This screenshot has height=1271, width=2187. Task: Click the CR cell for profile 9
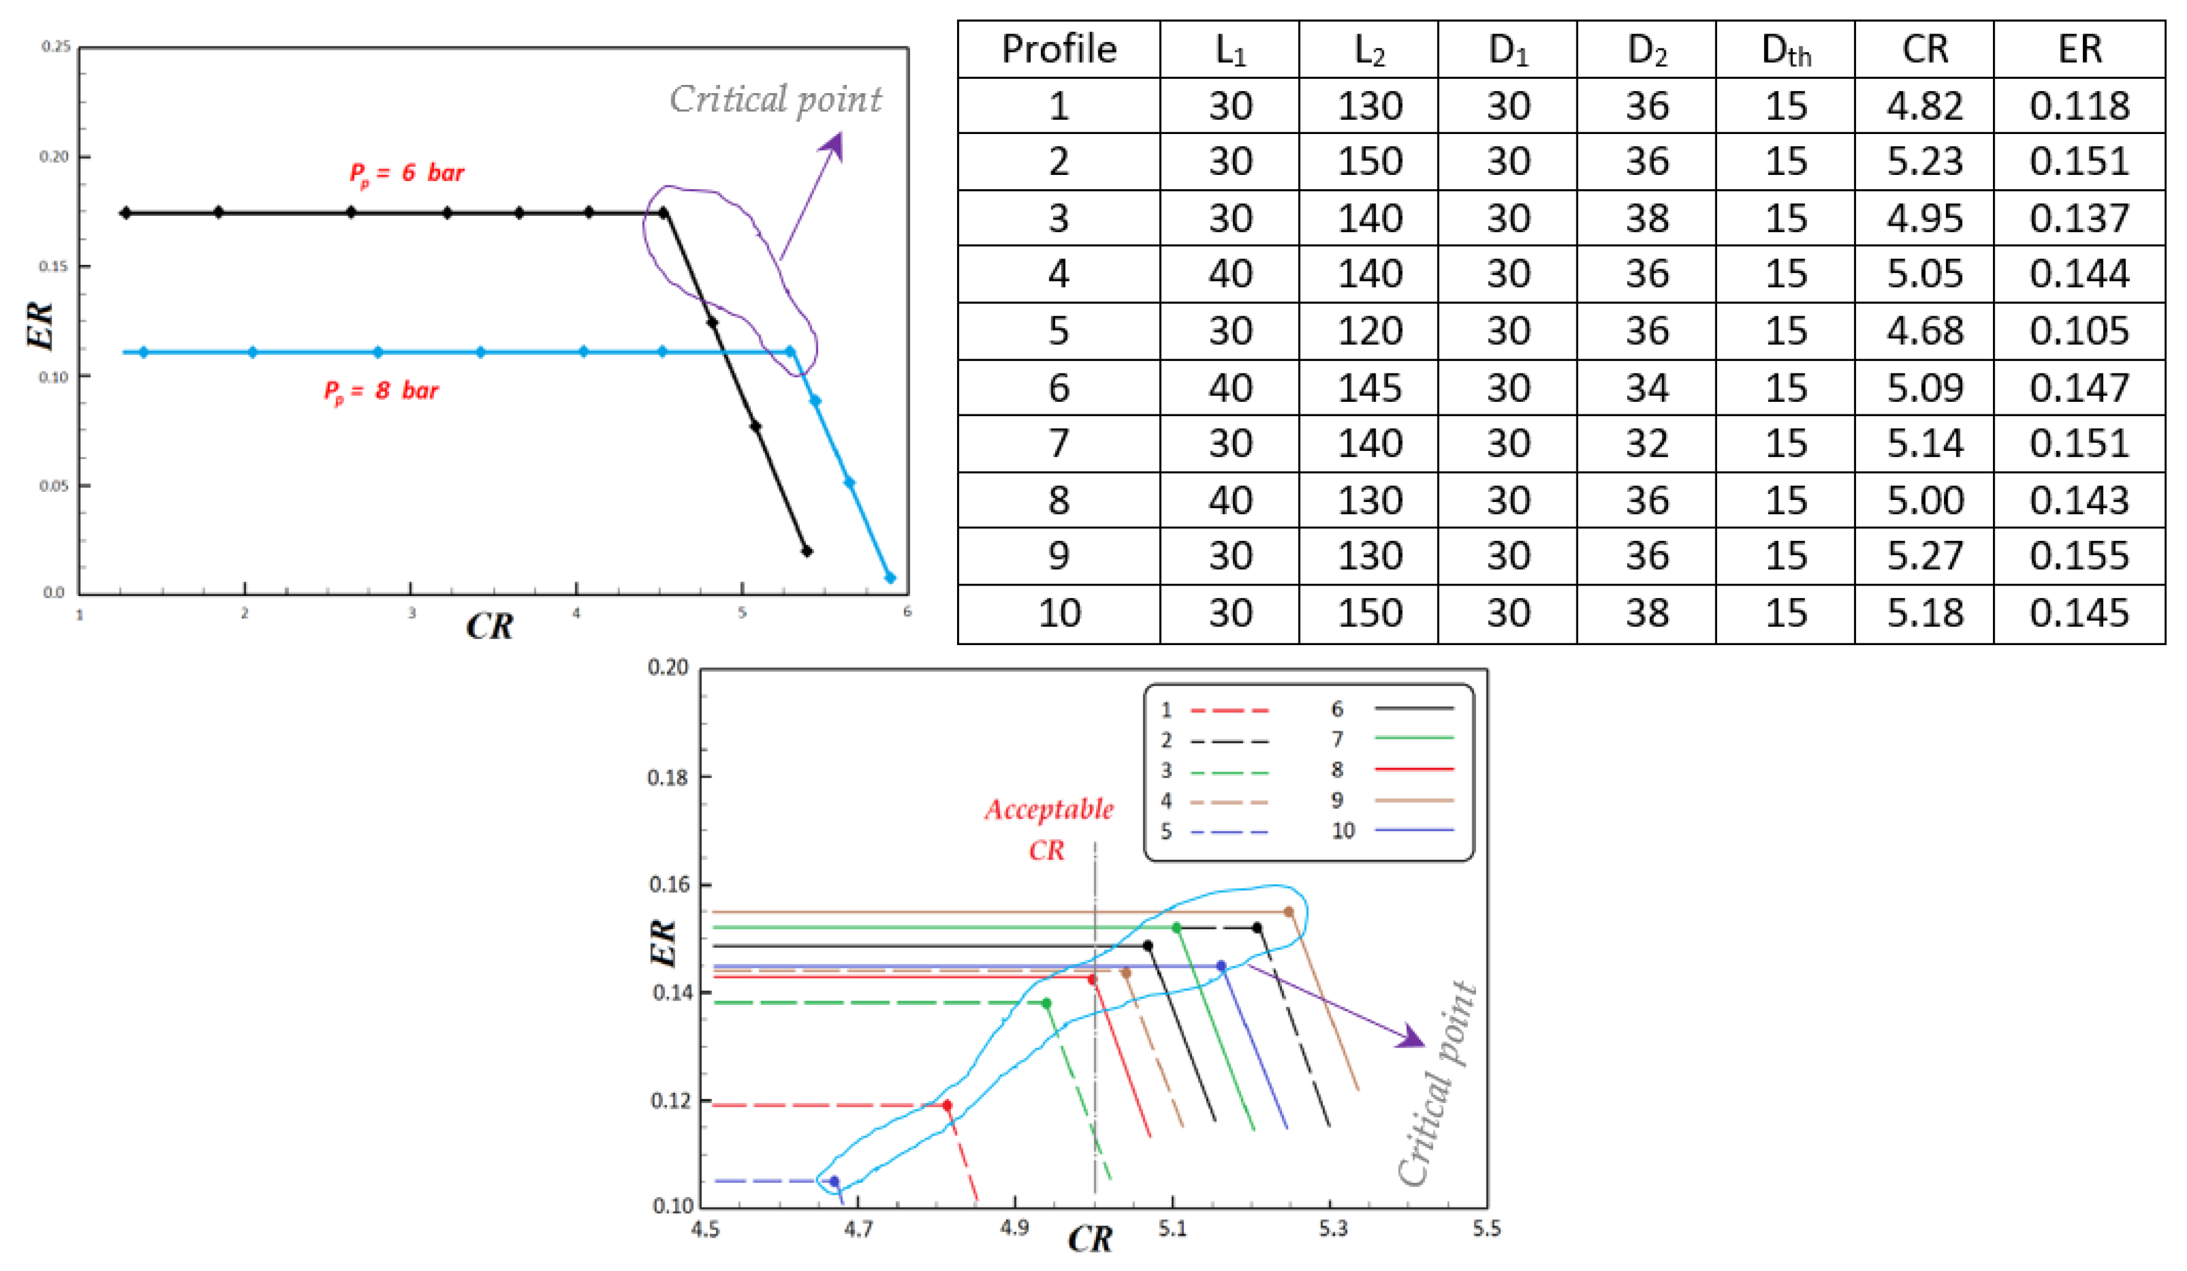click(x=1925, y=556)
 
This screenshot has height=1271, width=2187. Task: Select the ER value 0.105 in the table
click(x=2079, y=331)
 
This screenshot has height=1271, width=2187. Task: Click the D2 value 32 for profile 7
click(x=1646, y=444)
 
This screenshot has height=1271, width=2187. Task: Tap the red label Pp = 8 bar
click(x=381, y=391)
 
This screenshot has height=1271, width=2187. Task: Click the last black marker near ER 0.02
click(x=807, y=551)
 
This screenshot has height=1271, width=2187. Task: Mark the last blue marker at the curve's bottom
click(x=890, y=578)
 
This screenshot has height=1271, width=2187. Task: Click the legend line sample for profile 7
click(x=1414, y=738)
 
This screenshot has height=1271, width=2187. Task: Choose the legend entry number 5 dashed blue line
click(x=1229, y=832)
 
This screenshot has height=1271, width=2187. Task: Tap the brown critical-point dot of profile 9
click(x=1289, y=912)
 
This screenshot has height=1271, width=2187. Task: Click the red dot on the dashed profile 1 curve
click(x=947, y=1105)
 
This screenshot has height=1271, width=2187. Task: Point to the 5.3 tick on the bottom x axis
click(x=1333, y=1228)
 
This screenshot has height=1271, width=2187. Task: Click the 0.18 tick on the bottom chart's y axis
click(x=668, y=778)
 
